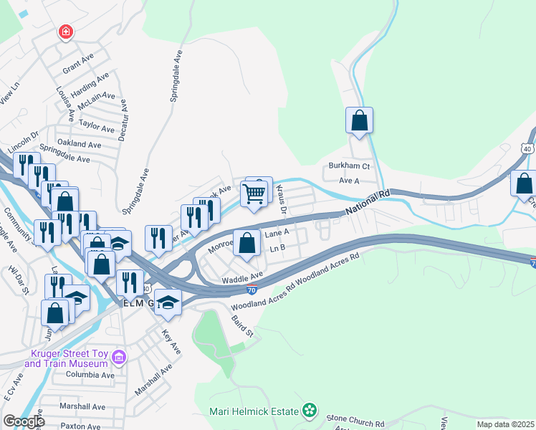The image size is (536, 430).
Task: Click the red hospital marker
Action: pyautogui.click(x=66, y=32)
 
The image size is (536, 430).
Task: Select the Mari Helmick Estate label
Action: pyautogui.click(x=253, y=411)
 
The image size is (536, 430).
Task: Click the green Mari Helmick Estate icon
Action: pyautogui.click(x=309, y=411)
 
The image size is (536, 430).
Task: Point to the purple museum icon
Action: pyautogui.click(x=120, y=357)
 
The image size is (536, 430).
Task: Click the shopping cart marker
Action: pyautogui.click(x=254, y=194)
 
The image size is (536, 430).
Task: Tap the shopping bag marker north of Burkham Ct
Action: pyautogui.click(x=360, y=120)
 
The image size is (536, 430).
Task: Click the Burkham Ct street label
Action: pyautogui.click(x=348, y=166)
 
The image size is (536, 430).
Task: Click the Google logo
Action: pyautogui.click(x=23, y=421)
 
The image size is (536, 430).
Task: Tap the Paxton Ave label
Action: pyautogui.click(x=81, y=426)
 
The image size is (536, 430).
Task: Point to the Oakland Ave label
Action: pyautogui.click(x=80, y=144)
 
